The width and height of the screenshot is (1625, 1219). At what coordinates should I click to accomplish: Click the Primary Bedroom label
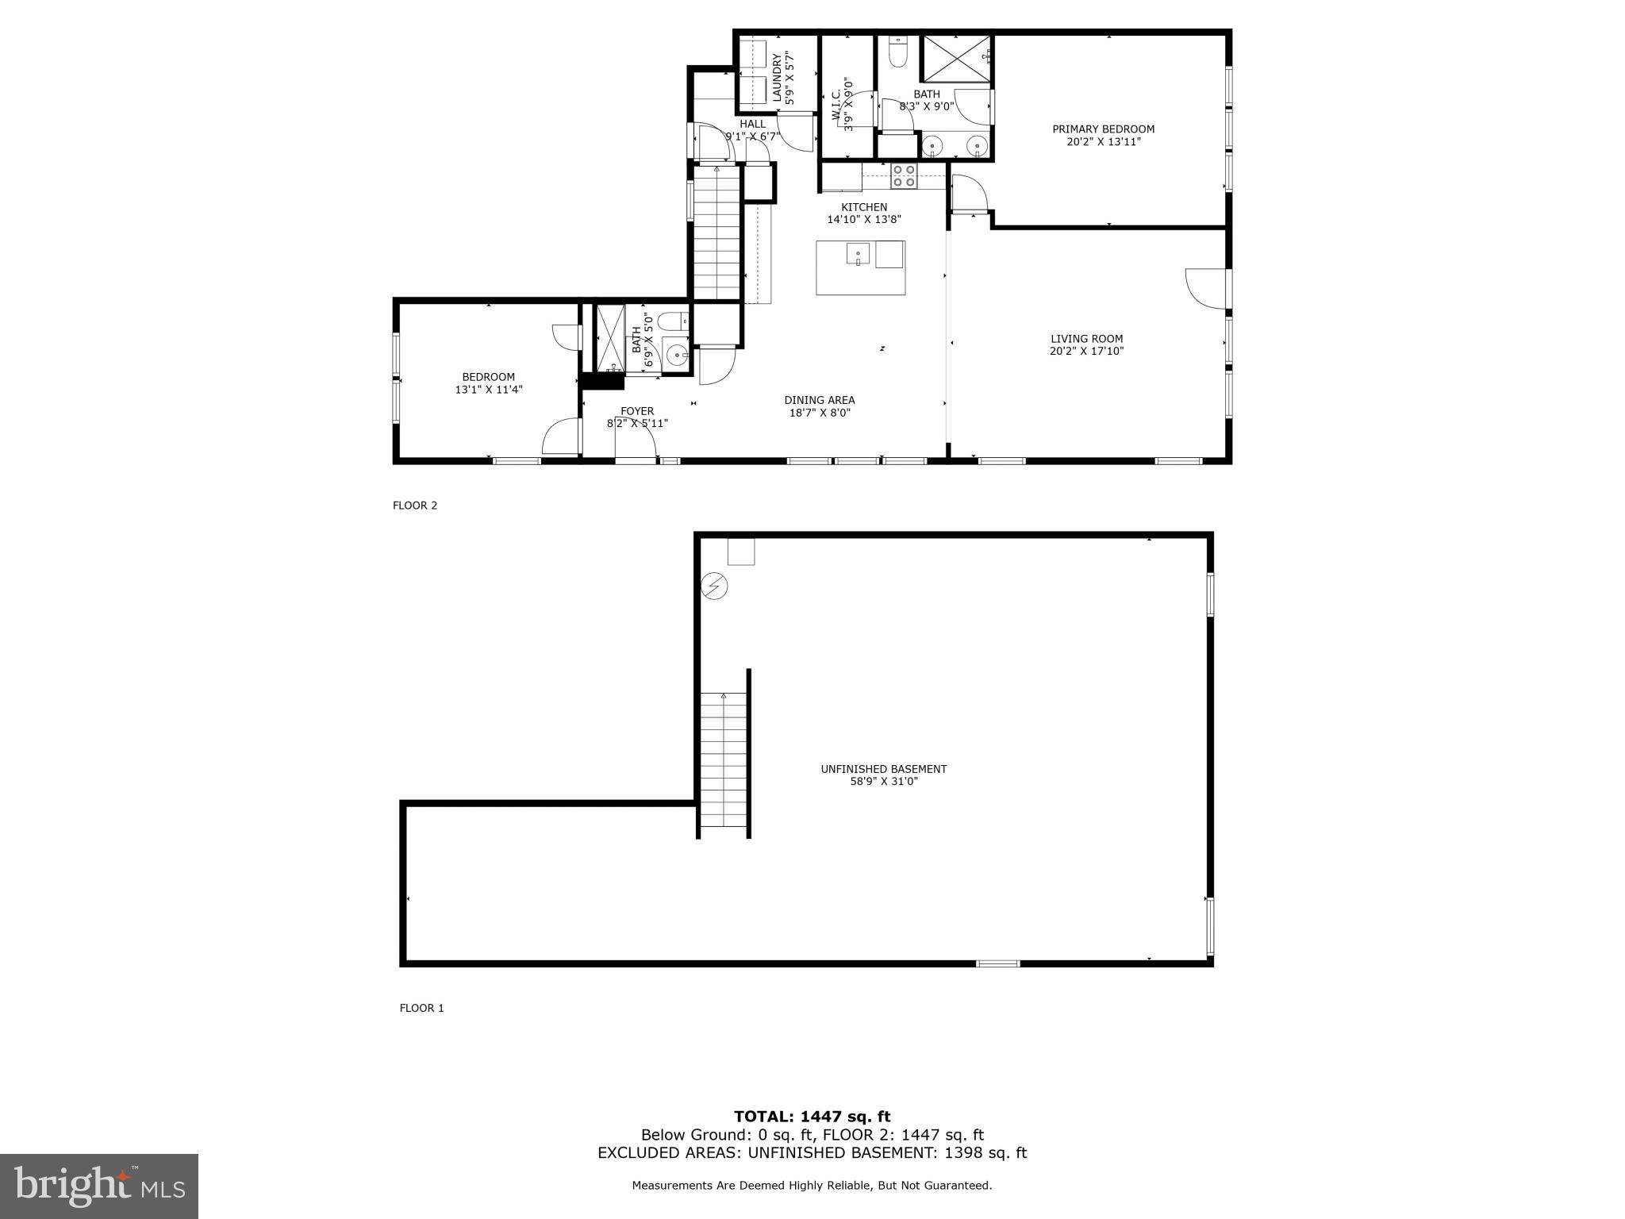(1103, 129)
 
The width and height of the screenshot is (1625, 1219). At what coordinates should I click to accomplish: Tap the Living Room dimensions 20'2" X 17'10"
(1086, 351)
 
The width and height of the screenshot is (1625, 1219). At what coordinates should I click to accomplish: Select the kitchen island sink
(858, 254)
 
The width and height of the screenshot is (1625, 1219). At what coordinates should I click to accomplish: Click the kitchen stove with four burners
(903, 175)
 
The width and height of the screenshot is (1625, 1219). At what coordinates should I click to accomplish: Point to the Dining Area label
(819, 400)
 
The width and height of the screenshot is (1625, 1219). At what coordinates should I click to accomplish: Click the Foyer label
(637, 411)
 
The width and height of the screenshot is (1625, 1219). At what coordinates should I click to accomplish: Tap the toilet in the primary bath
(898, 53)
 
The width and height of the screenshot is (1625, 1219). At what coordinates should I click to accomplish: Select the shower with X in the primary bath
(955, 58)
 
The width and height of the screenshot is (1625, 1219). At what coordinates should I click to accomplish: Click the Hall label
(752, 124)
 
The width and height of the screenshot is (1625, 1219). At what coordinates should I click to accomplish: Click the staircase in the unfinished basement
(724, 760)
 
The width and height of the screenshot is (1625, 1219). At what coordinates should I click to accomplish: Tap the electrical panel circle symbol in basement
(714, 586)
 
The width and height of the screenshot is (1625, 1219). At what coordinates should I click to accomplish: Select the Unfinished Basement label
(883, 769)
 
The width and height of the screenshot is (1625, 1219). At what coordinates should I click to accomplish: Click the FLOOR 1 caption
(421, 1008)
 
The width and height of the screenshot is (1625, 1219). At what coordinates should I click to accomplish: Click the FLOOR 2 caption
(415, 506)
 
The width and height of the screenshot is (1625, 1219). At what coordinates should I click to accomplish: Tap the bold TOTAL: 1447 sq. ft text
(812, 1117)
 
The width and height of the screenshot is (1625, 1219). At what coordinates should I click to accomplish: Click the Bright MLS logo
(99, 1186)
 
